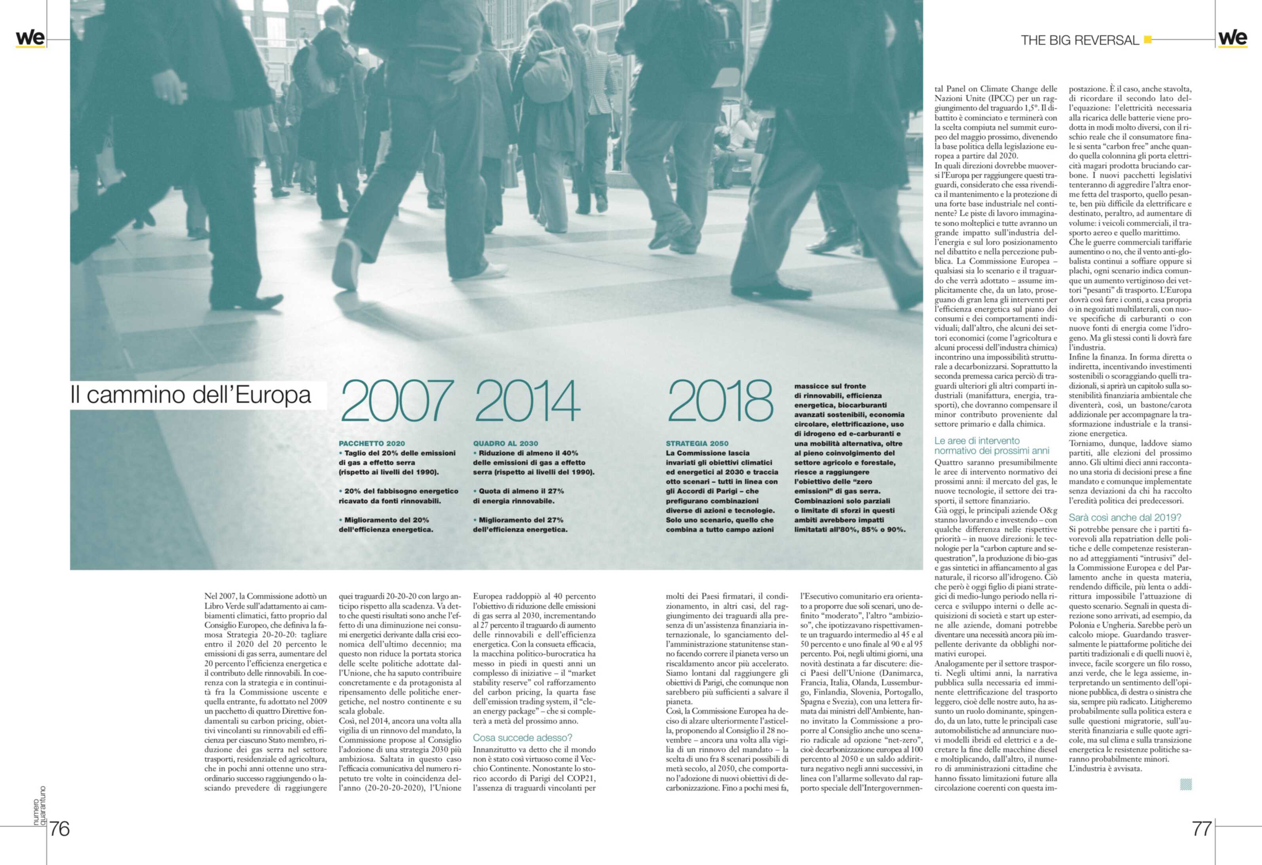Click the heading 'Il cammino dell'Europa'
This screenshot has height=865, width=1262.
point(191,395)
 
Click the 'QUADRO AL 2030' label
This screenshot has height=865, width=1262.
point(506,443)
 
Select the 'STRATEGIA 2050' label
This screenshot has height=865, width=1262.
point(697,443)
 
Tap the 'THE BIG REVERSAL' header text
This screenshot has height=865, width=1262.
point(1080,40)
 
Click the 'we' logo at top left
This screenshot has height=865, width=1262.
point(30,38)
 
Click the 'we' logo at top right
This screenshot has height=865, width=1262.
point(1233,38)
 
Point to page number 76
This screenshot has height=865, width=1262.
point(60,829)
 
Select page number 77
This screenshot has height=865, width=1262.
point(1202,829)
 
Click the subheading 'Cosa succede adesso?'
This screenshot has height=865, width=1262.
point(523,738)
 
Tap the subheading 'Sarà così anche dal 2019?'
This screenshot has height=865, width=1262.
point(1125,517)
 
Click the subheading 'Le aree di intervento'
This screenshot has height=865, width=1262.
point(977,441)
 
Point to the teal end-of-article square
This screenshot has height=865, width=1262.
point(1186,784)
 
